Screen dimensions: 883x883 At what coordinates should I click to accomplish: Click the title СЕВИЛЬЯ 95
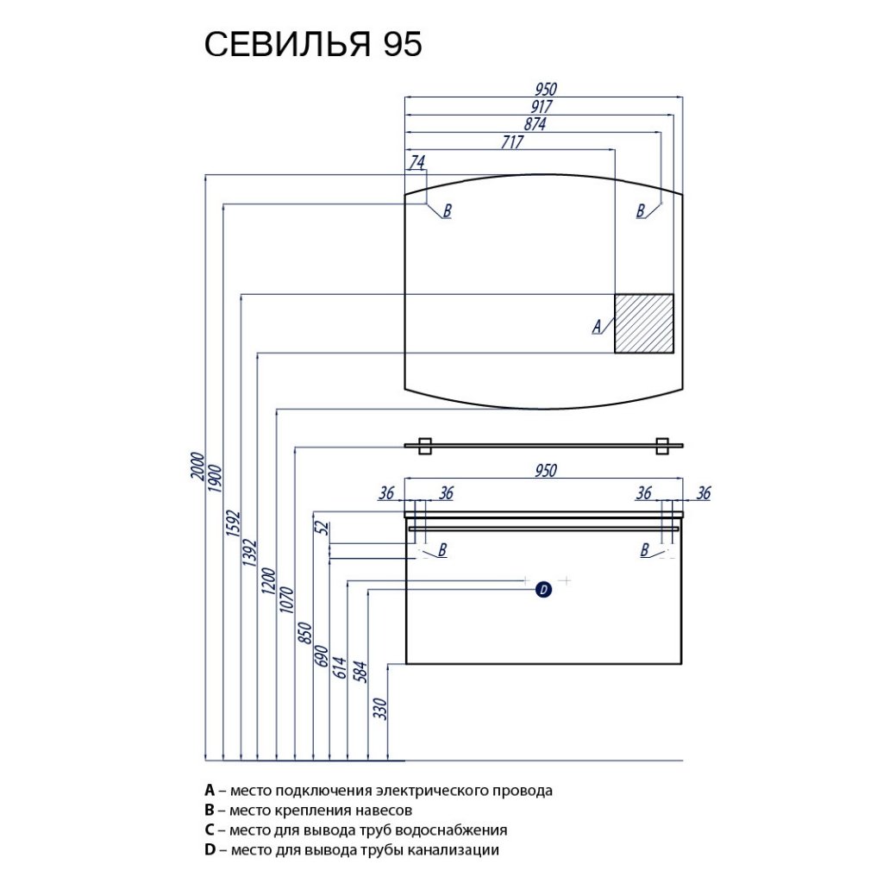pos(313,44)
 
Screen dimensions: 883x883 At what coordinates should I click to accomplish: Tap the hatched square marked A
pos(643,323)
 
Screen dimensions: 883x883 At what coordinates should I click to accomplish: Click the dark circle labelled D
pos(543,590)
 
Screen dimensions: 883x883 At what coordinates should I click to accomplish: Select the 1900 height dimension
pos(216,480)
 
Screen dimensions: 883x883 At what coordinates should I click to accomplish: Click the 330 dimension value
pos(382,709)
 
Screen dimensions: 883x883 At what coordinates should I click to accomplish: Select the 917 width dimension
pos(542,107)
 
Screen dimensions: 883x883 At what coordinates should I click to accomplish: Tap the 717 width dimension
pos(510,142)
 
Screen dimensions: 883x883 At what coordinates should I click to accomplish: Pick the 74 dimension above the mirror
pos(416,161)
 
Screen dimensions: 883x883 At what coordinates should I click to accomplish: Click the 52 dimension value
pos(321,527)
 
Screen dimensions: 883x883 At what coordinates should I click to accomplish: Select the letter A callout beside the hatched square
pos(596,326)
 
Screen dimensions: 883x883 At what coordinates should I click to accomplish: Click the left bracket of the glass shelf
pos(424,446)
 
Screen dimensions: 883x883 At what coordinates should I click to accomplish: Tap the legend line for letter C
pos(355,830)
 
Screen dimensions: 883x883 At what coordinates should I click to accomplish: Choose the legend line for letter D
pos(352,850)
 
